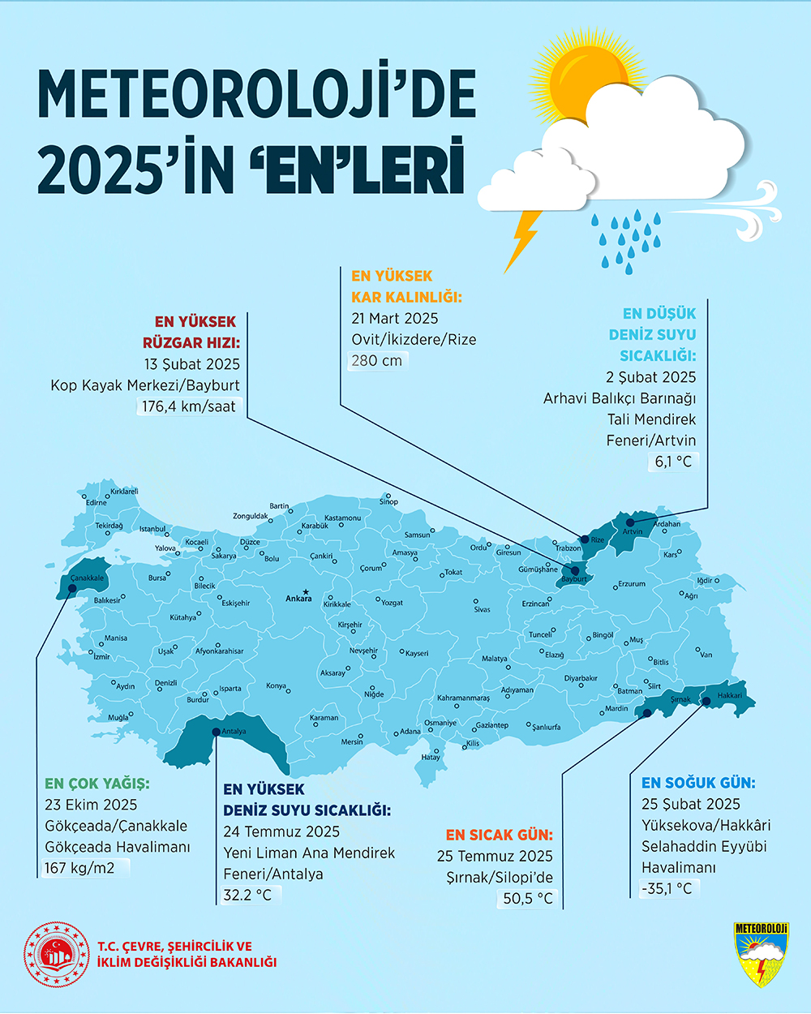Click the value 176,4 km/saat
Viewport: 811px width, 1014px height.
pyautogui.click(x=189, y=406)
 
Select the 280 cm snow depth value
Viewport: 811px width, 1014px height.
pyautogui.click(x=376, y=360)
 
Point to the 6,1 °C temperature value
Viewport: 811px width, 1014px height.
pyautogui.click(x=673, y=462)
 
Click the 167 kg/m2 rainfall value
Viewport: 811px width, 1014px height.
pyautogui.click(x=79, y=868)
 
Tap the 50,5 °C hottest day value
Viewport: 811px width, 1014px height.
pyautogui.click(x=527, y=898)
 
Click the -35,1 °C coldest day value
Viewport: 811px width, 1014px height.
pyautogui.click(x=667, y=888)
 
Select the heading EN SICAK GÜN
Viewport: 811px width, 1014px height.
pyautogui.click(x=499, y=835)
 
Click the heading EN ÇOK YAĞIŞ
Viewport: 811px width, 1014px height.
pyautogui.click(x=97, y=784)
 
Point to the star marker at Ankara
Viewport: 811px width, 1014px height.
pyautogui.click(x=305, y=591)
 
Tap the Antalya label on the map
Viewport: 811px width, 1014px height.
pyautogui.click(x=234, y=732)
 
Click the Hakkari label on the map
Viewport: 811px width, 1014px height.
pyautogui.click(x=729, y=695)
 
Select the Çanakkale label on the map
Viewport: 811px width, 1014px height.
pyautogui.click(x=87, y=578)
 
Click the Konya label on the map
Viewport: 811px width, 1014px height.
pyautogui.click(x=276, y=686)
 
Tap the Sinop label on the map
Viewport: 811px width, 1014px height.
pyautogui.click(x=388, y=501)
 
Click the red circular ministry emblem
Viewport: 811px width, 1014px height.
pyautogui.click(x=56, y=954)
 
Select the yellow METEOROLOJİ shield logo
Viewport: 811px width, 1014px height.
pyautogui.click(x=761, y=954)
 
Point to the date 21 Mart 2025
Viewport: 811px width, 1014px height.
pyautogui.click(x=394, y=318)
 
